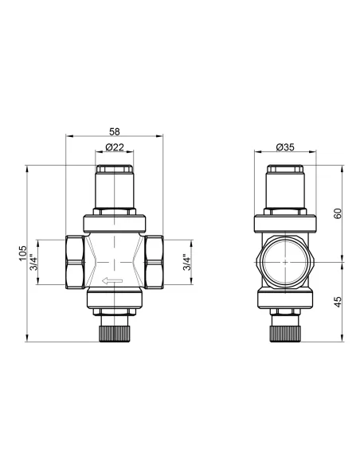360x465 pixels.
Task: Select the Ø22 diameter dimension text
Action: pyautogui.click(x=115, y=147)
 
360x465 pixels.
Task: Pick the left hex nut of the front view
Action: pyautogui.click(x=75, y=262)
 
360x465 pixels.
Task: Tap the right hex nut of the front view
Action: pyautogui.click(x=154, y=262)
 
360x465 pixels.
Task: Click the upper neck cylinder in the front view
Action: pyautogui.click(x=115, y=193)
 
